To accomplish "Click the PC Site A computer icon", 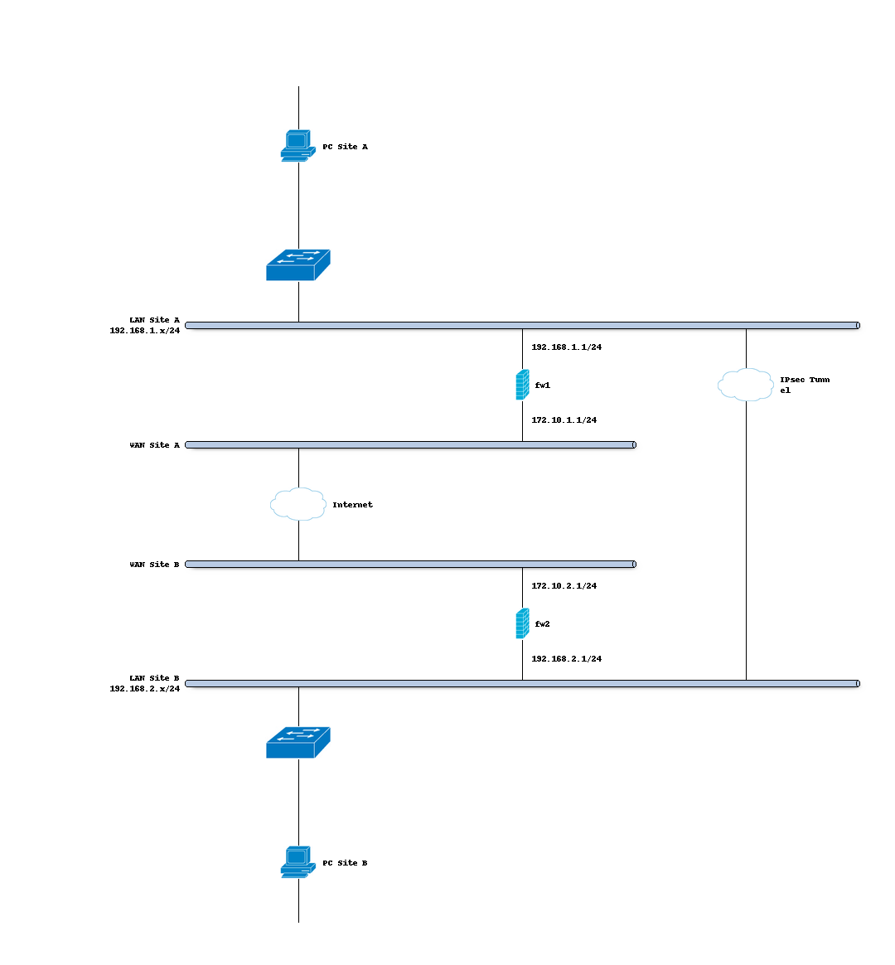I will [x=298, y=146].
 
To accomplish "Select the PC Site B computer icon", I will [x=298, y=862].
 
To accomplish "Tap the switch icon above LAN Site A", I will [x=298, y=264].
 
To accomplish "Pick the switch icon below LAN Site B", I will [x=298, y=742].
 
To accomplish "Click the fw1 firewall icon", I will [x=522, y=385].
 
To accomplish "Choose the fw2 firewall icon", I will [x=522, y=623].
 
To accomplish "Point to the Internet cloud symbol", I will [x=298, y=504].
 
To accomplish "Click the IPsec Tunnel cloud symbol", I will [x=746, y=385].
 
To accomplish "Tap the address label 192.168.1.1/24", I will [x=566, y=347].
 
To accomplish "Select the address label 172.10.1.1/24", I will [x=564, y=420].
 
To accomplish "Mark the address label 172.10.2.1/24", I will [x=564, y=586].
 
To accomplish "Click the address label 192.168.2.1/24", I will [x=566, y=659].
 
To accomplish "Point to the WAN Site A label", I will [x=154, y=445].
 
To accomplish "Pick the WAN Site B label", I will [x=154, y=565].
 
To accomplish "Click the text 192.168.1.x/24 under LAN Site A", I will [x=144, y=330].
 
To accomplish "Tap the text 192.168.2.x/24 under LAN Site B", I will [x=144, y=688].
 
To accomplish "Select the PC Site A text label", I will [x=345, y=147].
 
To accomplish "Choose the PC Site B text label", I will [x=345, y=863].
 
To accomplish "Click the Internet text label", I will [x=352, y=505].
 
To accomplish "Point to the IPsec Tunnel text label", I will [x=804, y=385].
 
